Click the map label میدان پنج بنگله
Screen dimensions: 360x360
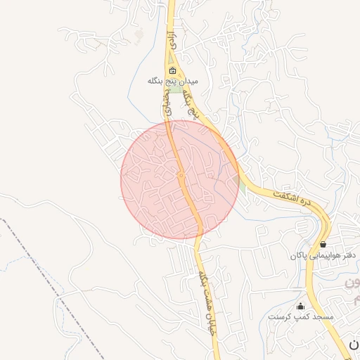pos(173,81)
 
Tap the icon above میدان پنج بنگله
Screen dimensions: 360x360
pos(173,70)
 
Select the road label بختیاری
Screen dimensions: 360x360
pos(167,107)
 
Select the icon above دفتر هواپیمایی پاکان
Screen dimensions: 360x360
pos(323,245)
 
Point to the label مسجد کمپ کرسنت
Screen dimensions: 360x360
pos(301,317)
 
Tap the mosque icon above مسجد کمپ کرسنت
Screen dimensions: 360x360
pos(301,306)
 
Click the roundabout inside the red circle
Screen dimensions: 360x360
pos(181,175)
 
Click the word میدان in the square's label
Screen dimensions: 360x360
pos(188,81)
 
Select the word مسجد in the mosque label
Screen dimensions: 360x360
pos(323,317)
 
